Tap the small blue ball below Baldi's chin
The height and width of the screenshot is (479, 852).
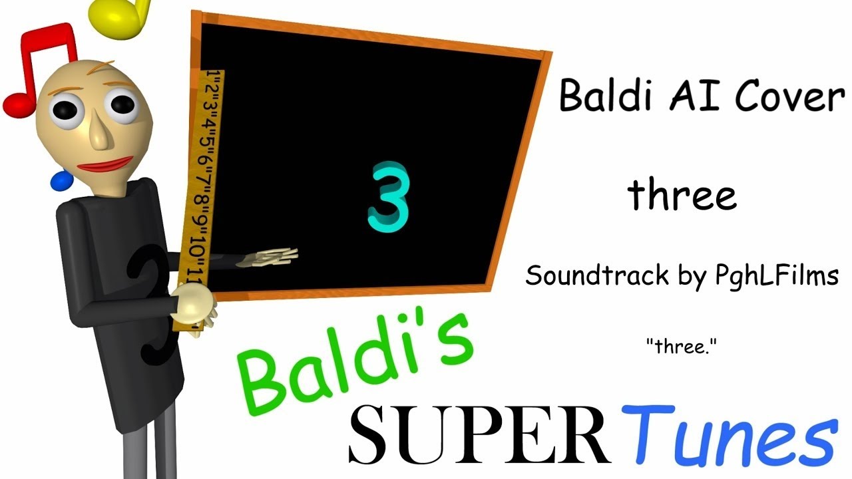coord(61,180)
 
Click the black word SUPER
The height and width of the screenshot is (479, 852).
coord(479,435)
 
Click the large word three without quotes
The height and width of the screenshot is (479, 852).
coord(682,194)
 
